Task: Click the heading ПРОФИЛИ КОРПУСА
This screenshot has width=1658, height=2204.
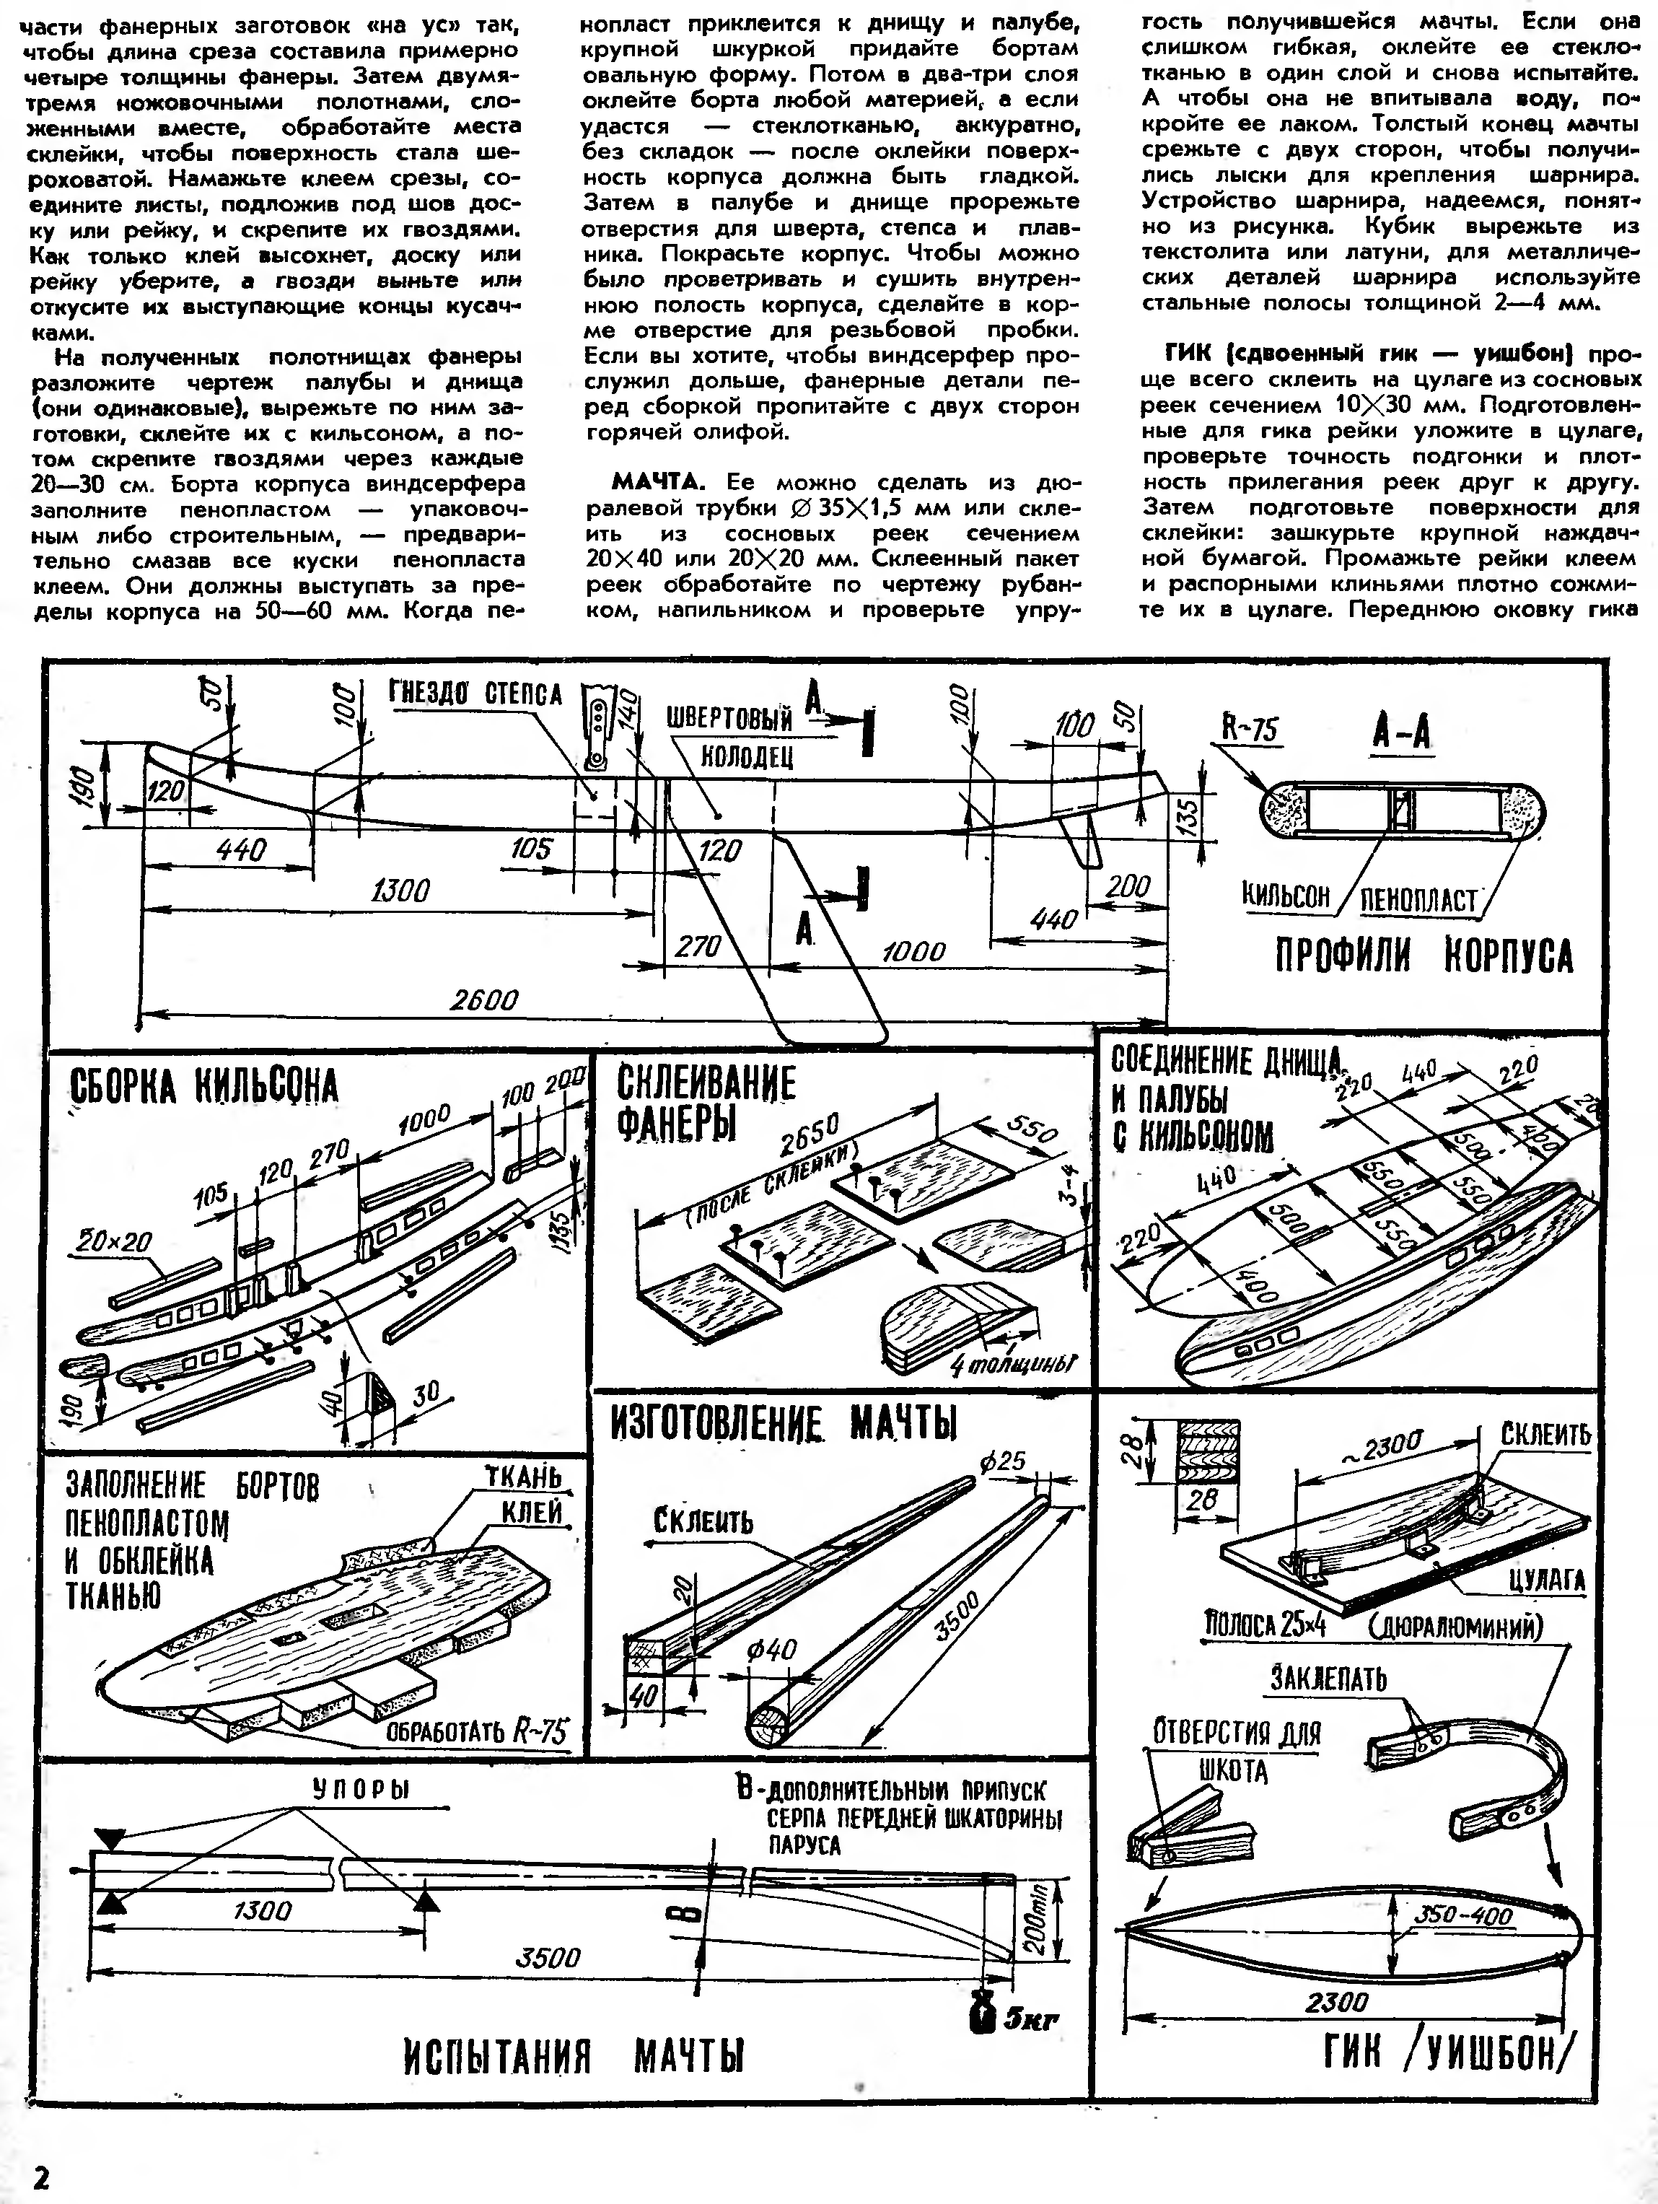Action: coord(1425,956)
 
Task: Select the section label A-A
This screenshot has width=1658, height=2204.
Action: coord(1401,735)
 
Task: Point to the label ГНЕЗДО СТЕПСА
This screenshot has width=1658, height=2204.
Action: coord(475,694)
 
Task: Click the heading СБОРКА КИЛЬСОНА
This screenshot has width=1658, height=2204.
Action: coord(203,1087)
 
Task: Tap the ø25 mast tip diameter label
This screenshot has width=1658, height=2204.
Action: coord(1001,1463)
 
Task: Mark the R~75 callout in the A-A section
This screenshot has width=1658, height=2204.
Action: coord(1250,730)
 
